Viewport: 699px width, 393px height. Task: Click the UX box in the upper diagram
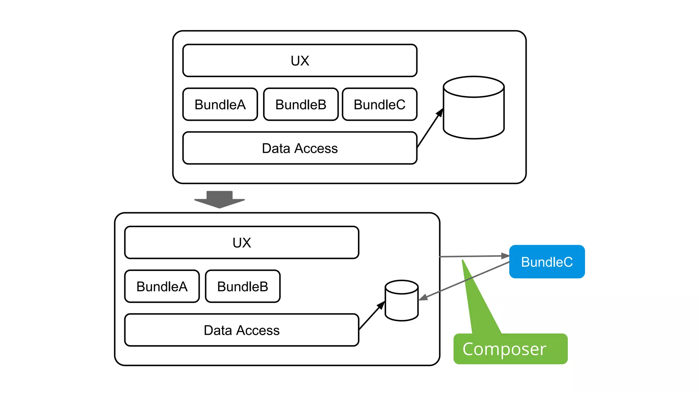300,60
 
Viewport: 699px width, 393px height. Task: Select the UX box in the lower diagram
242,242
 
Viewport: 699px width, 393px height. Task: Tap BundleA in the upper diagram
220,104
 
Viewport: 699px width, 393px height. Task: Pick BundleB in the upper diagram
301,104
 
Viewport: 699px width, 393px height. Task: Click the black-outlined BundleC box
380,104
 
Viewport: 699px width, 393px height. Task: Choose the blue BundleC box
547,262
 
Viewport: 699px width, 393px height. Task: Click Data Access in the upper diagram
300,148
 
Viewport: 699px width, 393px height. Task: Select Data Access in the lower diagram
242,330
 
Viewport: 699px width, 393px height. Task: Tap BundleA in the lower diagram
162,286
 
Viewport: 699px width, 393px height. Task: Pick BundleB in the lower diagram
243,286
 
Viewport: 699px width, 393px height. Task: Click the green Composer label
510,349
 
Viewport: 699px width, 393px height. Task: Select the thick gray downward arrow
219,200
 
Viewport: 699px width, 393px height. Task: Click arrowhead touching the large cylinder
440,112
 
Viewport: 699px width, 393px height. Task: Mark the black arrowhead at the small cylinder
381,305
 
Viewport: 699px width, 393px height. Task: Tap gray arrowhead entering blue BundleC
505,256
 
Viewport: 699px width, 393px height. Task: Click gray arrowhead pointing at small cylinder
423,298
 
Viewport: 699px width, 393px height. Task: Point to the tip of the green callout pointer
463,261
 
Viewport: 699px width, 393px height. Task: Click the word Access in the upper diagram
316,148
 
